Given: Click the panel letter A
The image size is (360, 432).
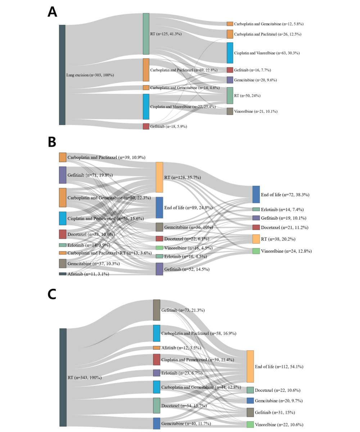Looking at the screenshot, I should click(x=52, y=12).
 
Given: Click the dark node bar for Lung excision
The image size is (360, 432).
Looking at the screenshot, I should click(x=62, y=75).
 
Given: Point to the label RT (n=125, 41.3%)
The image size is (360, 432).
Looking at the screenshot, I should click(x=166, y=34).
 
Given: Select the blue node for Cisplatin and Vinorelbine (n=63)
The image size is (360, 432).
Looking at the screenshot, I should click(x=230, y=53).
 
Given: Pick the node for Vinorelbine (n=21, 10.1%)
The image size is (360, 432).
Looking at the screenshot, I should click(x=230, y=111).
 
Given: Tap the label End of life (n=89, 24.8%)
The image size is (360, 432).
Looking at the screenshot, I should click(x=188, y=208).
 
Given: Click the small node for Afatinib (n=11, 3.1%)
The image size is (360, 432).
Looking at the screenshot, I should click(x=63, y=274).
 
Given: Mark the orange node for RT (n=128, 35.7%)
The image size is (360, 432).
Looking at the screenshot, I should click(x=159, y=177).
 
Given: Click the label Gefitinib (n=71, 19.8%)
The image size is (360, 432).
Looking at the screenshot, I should click(x=90, y=175).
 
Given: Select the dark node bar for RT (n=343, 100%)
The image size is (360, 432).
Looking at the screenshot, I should click(x=63, y=377).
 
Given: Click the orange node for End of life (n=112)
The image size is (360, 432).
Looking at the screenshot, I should click(x=250, y=366).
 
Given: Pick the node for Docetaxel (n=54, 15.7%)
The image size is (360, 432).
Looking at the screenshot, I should click(x=157, y=405).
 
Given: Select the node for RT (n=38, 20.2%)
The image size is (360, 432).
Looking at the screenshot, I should click(x=256, y=239).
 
